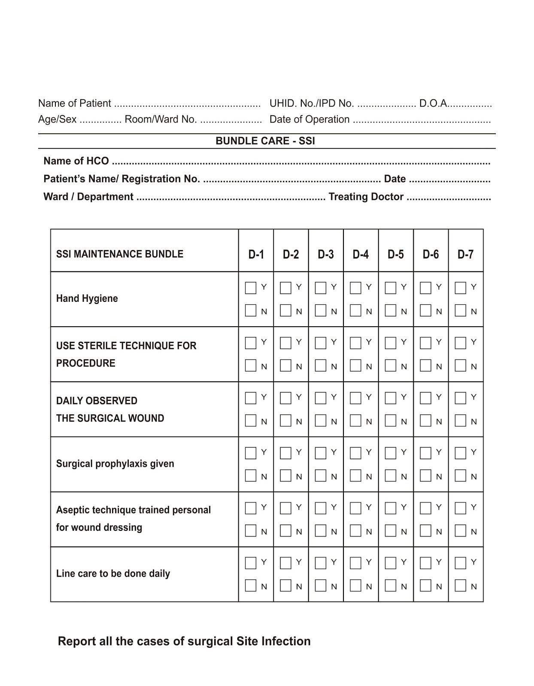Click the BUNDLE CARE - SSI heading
265,141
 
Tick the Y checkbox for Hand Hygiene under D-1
250,288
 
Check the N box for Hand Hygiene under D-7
460,310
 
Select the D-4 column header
360,254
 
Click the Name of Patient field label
74,103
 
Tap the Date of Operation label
309,119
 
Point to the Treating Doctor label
366,197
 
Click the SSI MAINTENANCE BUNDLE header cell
119,254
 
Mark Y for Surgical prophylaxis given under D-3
320,453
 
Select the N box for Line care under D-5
390,585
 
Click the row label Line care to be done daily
113,573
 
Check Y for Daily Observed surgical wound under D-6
425,398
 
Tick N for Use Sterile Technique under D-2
285,365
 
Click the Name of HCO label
76,161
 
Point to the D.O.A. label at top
434,103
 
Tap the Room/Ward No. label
161,119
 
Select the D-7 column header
465,254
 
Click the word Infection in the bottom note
286,641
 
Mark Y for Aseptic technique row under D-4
355,508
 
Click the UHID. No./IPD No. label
311,103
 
